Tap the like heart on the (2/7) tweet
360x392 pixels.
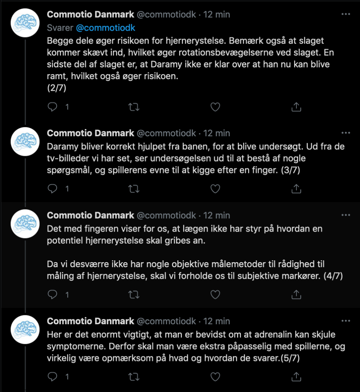click(215, 107)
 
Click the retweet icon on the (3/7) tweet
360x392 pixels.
click(133, 189)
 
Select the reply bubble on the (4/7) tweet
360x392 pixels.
click(52, 294)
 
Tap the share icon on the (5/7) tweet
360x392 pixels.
click(296, 377)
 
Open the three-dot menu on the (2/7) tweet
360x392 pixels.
click(345, 14)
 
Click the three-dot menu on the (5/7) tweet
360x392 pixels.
click(345, 321)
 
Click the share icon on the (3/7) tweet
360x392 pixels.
click(296, 189)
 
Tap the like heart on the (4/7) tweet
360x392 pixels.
click(215, 294)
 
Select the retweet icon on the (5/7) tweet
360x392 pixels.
click(133, 377)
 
